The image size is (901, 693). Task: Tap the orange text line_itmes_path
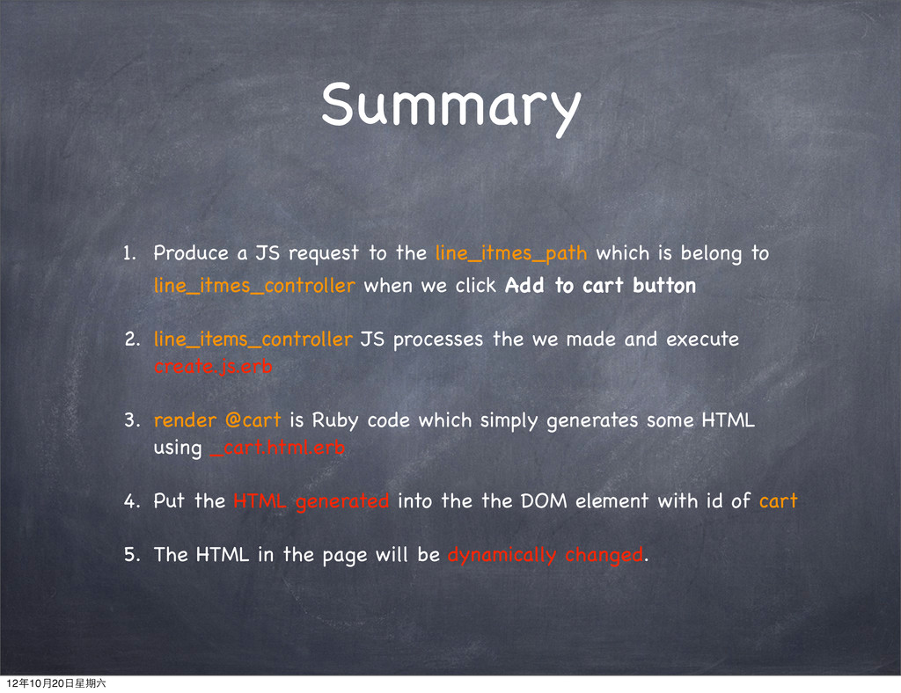[511, 253]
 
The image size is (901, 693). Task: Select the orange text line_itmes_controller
[254, 286]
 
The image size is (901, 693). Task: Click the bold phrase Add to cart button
[600, 285]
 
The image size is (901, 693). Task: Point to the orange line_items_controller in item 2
[253, 339]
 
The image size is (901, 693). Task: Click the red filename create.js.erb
[213, 367]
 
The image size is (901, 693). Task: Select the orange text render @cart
[217, 420]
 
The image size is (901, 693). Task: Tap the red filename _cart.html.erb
[277, 448]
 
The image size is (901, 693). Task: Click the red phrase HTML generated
[311, 501]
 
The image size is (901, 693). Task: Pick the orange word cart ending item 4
[778, 501]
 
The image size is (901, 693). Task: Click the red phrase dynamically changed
[546, 555]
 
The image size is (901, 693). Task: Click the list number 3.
[132, 420]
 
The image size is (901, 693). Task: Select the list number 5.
[132, 555]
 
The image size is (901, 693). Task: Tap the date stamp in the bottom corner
[55, 683]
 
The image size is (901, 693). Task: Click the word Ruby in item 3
[335, 421]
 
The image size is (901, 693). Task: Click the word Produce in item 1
[191, 253]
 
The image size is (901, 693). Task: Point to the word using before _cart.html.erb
[178, 449]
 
